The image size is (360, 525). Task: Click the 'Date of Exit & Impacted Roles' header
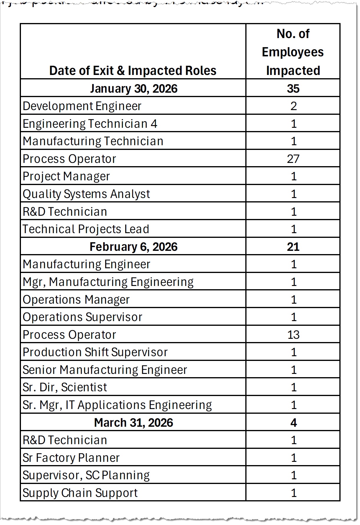133,71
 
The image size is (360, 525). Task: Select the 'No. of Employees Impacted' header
293,52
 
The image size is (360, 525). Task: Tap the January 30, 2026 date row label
134,89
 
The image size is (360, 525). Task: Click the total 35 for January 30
293,89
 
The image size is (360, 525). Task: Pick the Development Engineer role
82,106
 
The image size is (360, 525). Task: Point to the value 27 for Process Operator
293,159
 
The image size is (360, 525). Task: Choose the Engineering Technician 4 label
90,124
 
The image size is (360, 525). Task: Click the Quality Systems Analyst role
86,194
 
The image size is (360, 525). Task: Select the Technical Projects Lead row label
86,229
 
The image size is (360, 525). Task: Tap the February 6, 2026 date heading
134,247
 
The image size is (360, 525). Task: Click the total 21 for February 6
293,247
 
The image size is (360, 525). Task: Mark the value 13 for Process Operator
293,335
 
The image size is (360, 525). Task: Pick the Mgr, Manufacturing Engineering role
108,282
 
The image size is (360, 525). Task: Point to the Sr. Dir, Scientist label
65,387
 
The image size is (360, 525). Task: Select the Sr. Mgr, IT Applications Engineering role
117,405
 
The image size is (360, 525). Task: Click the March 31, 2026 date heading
134,423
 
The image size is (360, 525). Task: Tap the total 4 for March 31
293,423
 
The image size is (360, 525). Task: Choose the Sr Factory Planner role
71,458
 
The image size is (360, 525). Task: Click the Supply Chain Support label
80,493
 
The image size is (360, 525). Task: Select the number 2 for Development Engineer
293,106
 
